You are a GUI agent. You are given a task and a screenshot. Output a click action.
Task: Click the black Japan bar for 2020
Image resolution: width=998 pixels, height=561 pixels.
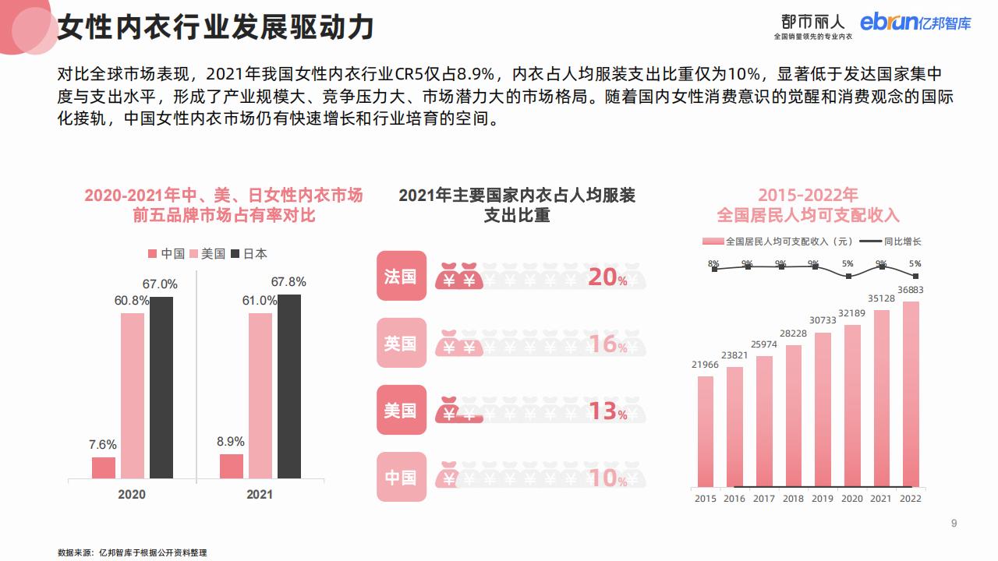click(161, 387)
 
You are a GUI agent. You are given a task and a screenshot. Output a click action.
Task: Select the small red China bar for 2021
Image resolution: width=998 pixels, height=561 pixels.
click(232, 466)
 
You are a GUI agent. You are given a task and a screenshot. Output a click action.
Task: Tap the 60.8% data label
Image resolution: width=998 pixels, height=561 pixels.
click(131, 301)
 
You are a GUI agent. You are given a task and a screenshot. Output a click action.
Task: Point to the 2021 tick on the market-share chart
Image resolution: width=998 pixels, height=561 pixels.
click(260, 494)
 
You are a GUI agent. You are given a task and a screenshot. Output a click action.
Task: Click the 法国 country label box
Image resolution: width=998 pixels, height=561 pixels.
click(402, 276)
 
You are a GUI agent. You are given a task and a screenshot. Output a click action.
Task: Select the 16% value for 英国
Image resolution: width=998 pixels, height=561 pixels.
click(607, 344)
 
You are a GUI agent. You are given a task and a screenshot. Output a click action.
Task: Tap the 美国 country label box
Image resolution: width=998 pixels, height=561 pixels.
click(402, 410)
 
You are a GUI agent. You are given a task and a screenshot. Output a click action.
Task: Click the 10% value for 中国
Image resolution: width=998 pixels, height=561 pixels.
click(607, 478)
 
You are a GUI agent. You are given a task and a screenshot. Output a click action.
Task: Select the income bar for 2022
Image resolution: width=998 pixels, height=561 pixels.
click(911, 393)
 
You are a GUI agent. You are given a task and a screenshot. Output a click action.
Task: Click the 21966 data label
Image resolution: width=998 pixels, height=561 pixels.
click(705, 365)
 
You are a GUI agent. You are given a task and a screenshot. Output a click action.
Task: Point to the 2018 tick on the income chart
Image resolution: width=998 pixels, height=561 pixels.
click(793, 499)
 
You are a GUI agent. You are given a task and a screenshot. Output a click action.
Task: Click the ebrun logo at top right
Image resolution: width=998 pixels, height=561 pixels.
click(915, 23)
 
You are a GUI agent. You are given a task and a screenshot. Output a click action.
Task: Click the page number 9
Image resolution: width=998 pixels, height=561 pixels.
click(954, 523)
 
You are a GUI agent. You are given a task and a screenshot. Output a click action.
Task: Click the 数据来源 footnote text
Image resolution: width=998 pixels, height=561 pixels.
click(133, 552)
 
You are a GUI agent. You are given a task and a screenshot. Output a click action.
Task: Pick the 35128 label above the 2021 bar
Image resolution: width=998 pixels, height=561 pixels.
click(881, 298)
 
